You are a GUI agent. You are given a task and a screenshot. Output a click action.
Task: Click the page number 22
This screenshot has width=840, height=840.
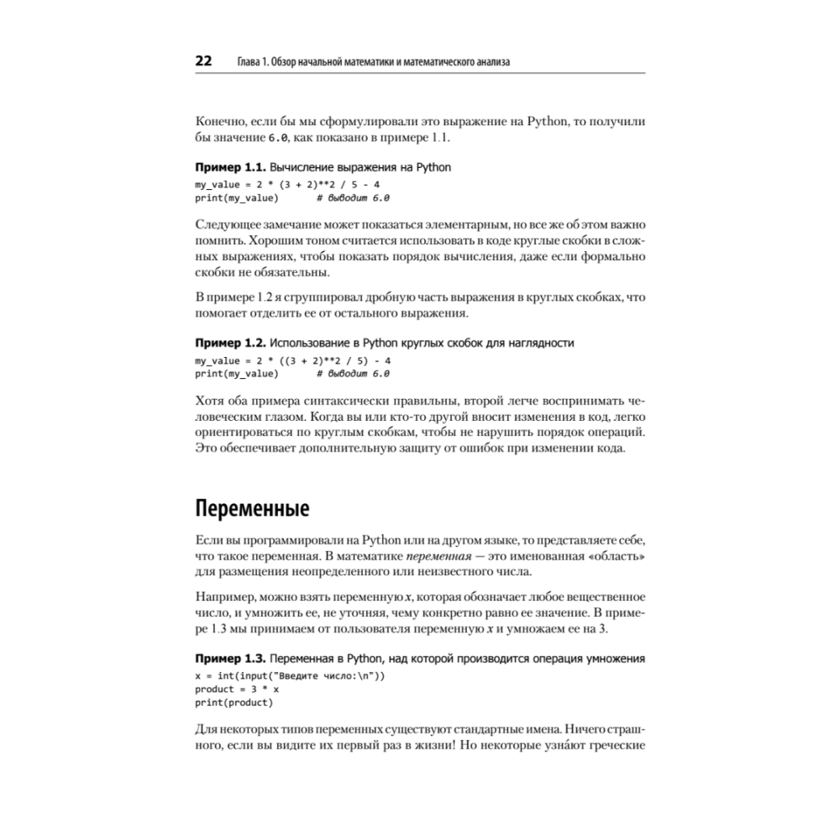click(203, 61)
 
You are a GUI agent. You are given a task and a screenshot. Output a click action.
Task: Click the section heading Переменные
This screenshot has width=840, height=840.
click(252, 508)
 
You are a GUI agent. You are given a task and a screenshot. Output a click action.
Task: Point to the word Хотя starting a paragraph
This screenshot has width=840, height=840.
click(210, 400)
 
